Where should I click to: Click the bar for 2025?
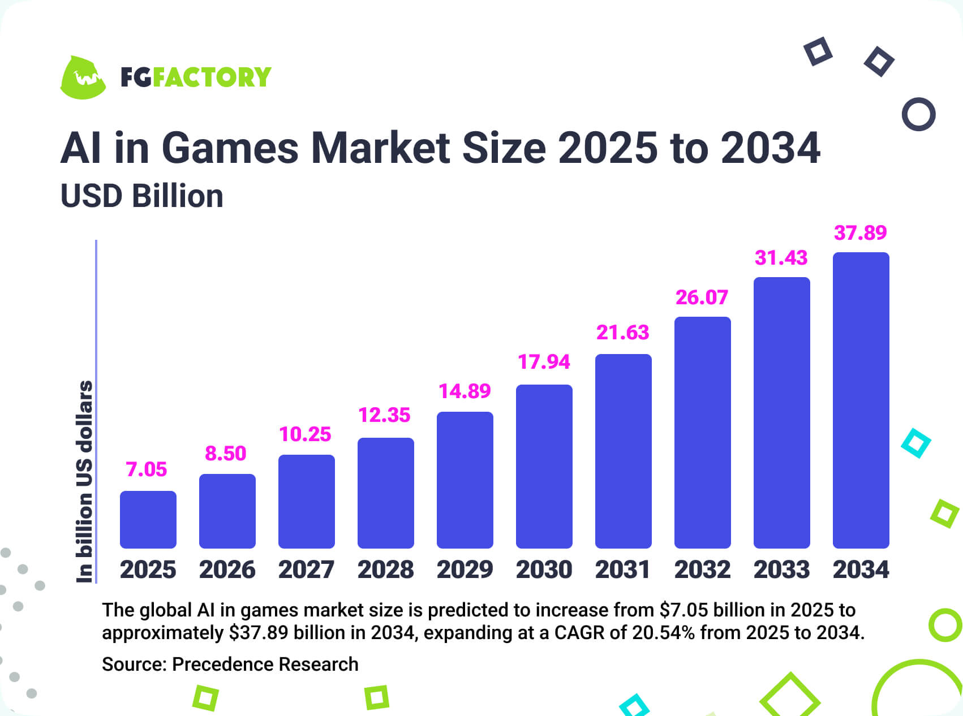click(148, 519)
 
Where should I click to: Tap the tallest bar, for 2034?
click(861, 400)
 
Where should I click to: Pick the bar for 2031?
click(623, 451)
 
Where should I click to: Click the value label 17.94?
click(544, 362)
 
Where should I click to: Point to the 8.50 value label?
click(225, 454)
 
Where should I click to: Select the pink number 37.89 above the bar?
click(860, 232)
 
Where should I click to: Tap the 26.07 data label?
click(702, 297)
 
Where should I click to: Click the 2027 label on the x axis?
click(306, 570)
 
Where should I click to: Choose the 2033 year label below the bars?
click(781, 570)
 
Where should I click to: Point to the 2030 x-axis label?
click(544, 570)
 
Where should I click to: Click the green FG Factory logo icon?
click(83, 77)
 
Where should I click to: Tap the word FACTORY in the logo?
click(212, 77)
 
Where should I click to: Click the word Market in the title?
click(381, 148)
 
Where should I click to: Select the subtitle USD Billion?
click(141, 196)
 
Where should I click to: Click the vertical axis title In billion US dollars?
click(84, 481)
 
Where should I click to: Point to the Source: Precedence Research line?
click(230, 664)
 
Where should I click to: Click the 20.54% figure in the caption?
click(663, 632)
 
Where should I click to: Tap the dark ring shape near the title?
click(918, 114)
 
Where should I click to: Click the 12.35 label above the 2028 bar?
click(384, 415)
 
